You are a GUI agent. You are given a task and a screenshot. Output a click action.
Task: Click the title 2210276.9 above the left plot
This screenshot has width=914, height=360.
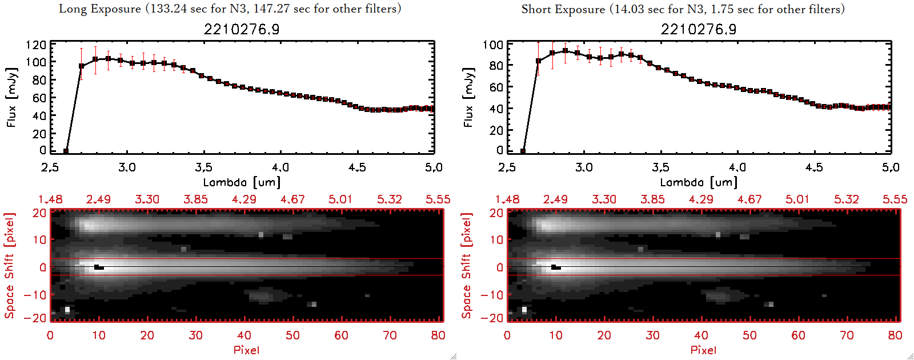tap(242, 29)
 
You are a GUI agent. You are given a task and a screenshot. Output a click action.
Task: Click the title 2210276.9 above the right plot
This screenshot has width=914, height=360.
tap(699, 29)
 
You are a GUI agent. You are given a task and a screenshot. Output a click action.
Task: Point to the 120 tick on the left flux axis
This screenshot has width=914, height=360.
tap(36, 45)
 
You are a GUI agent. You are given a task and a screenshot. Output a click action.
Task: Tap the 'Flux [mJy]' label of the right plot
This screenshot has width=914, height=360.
tap(469, 97)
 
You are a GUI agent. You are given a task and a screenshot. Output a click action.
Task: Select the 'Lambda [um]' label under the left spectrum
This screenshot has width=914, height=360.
tap(242, 182)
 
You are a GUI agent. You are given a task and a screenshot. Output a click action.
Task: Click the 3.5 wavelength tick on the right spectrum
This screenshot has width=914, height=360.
tap(660, 167)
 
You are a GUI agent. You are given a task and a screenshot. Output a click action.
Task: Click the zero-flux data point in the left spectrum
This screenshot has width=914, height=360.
tap(66, 151)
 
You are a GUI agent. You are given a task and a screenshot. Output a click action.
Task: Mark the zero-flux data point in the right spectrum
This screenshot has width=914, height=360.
tap(523, 151)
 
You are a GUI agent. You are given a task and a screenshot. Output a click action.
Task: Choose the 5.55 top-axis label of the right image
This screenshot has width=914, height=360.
tap(895, 199)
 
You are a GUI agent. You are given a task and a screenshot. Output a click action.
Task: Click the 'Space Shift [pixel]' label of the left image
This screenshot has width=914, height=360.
tap(10, 266)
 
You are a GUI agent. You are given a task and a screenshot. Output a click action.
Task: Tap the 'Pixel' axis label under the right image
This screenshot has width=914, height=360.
tap(703, 350)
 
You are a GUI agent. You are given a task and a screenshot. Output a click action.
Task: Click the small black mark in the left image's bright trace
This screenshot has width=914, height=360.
tap(99, 267)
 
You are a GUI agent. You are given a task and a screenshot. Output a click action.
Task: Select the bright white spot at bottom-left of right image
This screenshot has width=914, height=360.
tap(524, 310)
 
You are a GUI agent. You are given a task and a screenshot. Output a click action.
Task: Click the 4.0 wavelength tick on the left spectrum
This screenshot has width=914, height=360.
tap(280, 167)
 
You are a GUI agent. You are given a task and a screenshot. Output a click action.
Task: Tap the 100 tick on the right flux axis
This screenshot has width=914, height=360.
tap(493, 45)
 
